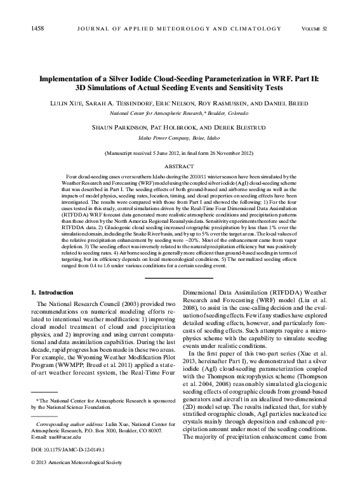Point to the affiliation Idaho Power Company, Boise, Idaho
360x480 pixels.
pyautogui.click(x=179, y=137)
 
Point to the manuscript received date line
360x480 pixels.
pyautogui.click(x=179, y=154)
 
